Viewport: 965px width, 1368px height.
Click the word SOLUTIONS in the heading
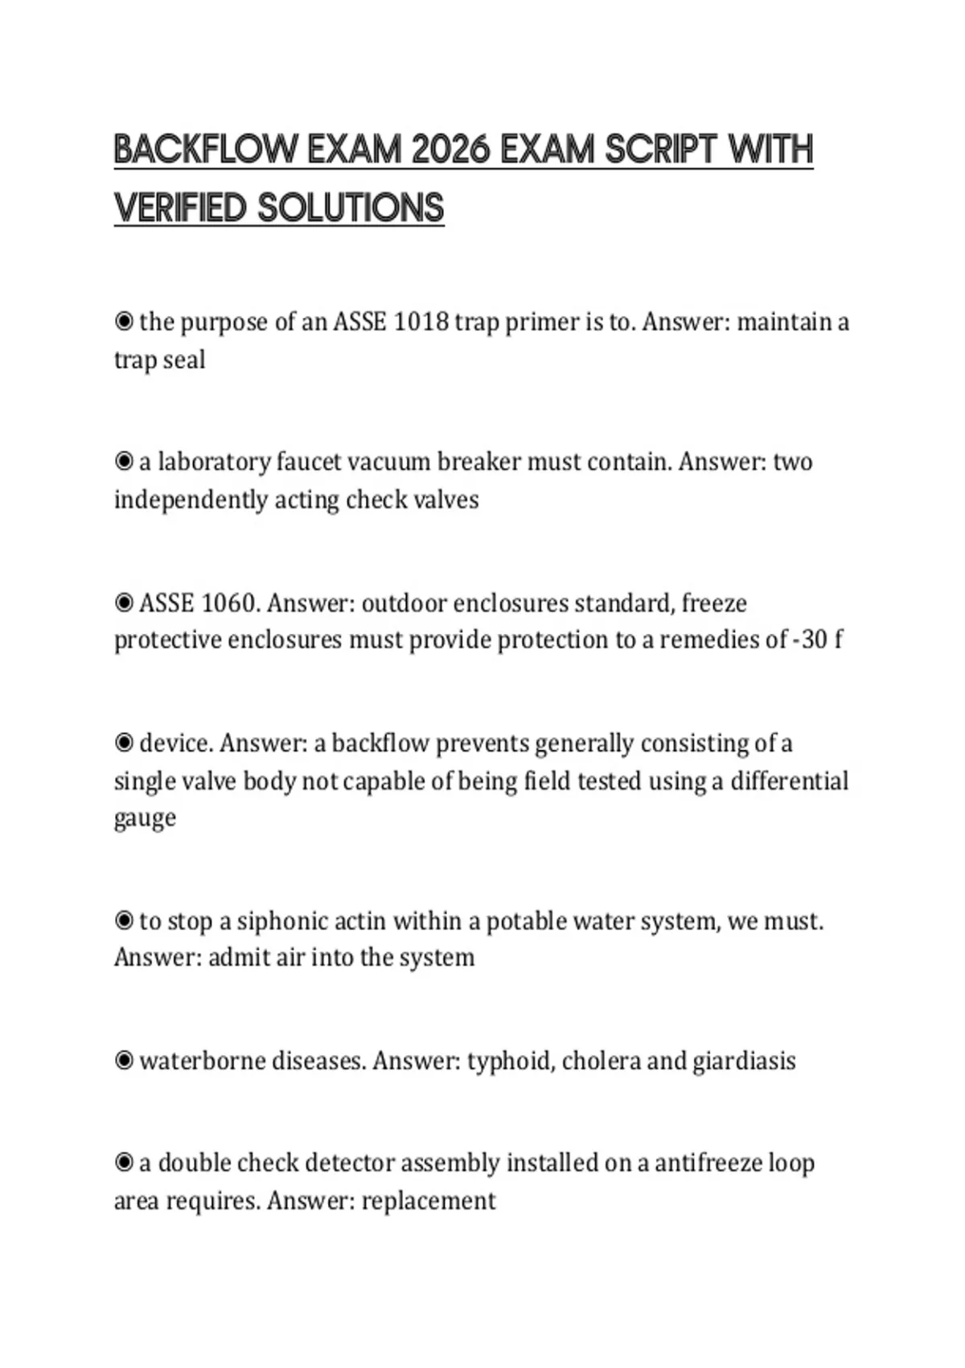point(351,208)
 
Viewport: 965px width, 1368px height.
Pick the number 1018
point(422,322)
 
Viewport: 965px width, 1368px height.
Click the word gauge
point(145,818)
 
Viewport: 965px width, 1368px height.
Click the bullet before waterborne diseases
point(124,1061)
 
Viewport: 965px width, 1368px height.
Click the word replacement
point(429,1201)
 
